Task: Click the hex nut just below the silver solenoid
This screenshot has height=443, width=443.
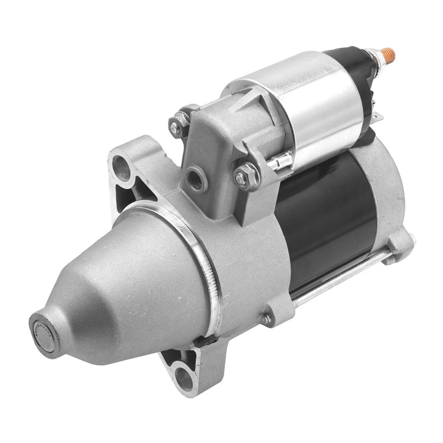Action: pyautogui.click(x=248, y=176)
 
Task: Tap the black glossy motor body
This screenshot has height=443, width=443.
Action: pyautogui.click(x=321, y=221)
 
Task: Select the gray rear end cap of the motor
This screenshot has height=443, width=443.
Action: pyautogui.click(x=388, y=188)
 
